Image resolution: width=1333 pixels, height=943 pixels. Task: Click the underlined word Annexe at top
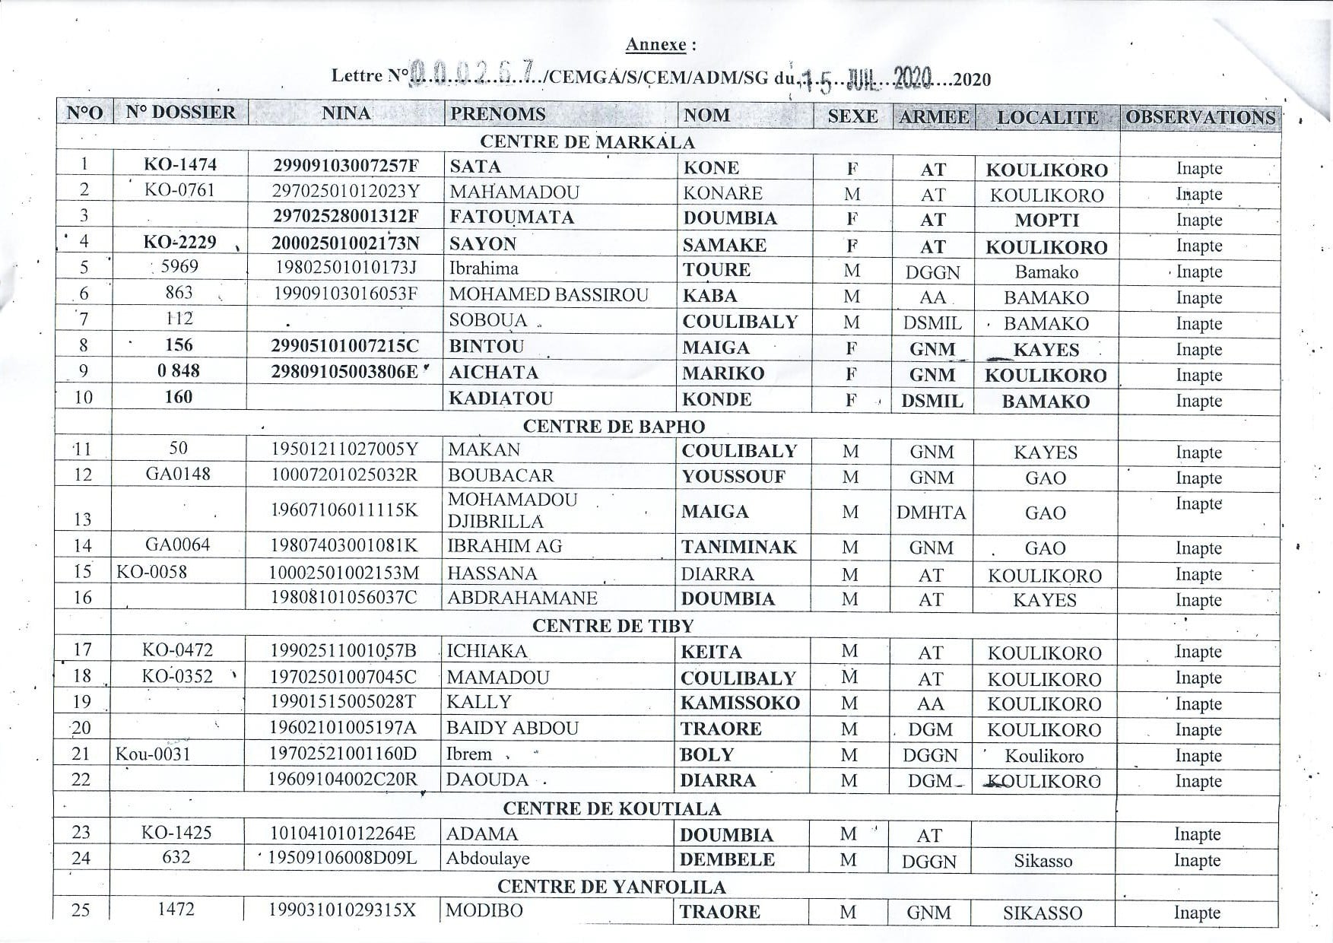click(x=655, y=45)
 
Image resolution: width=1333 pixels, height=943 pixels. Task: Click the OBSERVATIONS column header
click(x=1200, y=117)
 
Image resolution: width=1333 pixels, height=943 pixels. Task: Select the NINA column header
click(x=346, y=114)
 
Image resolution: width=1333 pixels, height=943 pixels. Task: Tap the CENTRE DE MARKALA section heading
click(x=587, y=142)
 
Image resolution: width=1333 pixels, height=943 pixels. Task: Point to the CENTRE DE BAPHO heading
click(x=614, y=427)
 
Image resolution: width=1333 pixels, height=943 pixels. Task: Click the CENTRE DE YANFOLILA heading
click(x=611, y=887)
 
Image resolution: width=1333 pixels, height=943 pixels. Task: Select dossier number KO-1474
click(x=180, y=164)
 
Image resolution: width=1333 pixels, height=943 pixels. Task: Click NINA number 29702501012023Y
click(x=346, y=192)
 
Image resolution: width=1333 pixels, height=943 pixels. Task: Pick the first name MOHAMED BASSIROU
click(x=548, y=295)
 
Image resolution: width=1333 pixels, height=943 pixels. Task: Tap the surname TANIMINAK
click(x=738, y=548)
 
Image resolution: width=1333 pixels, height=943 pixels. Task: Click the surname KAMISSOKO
click(x=740, y=703)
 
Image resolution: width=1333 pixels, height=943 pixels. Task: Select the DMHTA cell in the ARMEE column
click(x=932, y=513)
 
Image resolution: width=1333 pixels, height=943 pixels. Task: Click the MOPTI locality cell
click(x=1046, y=221)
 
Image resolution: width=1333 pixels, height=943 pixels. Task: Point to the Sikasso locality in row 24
click(x=1043, y=862)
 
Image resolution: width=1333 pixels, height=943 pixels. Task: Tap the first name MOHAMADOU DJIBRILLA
click(x=513, y=510)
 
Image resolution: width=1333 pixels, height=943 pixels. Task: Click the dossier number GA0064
click(x=177, y=545)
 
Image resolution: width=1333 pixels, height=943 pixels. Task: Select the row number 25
click(x=81, y=910)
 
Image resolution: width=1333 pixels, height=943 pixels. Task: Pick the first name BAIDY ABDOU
click(x=513, y=729)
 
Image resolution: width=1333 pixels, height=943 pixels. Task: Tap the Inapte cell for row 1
click(x=1198, y=169)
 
